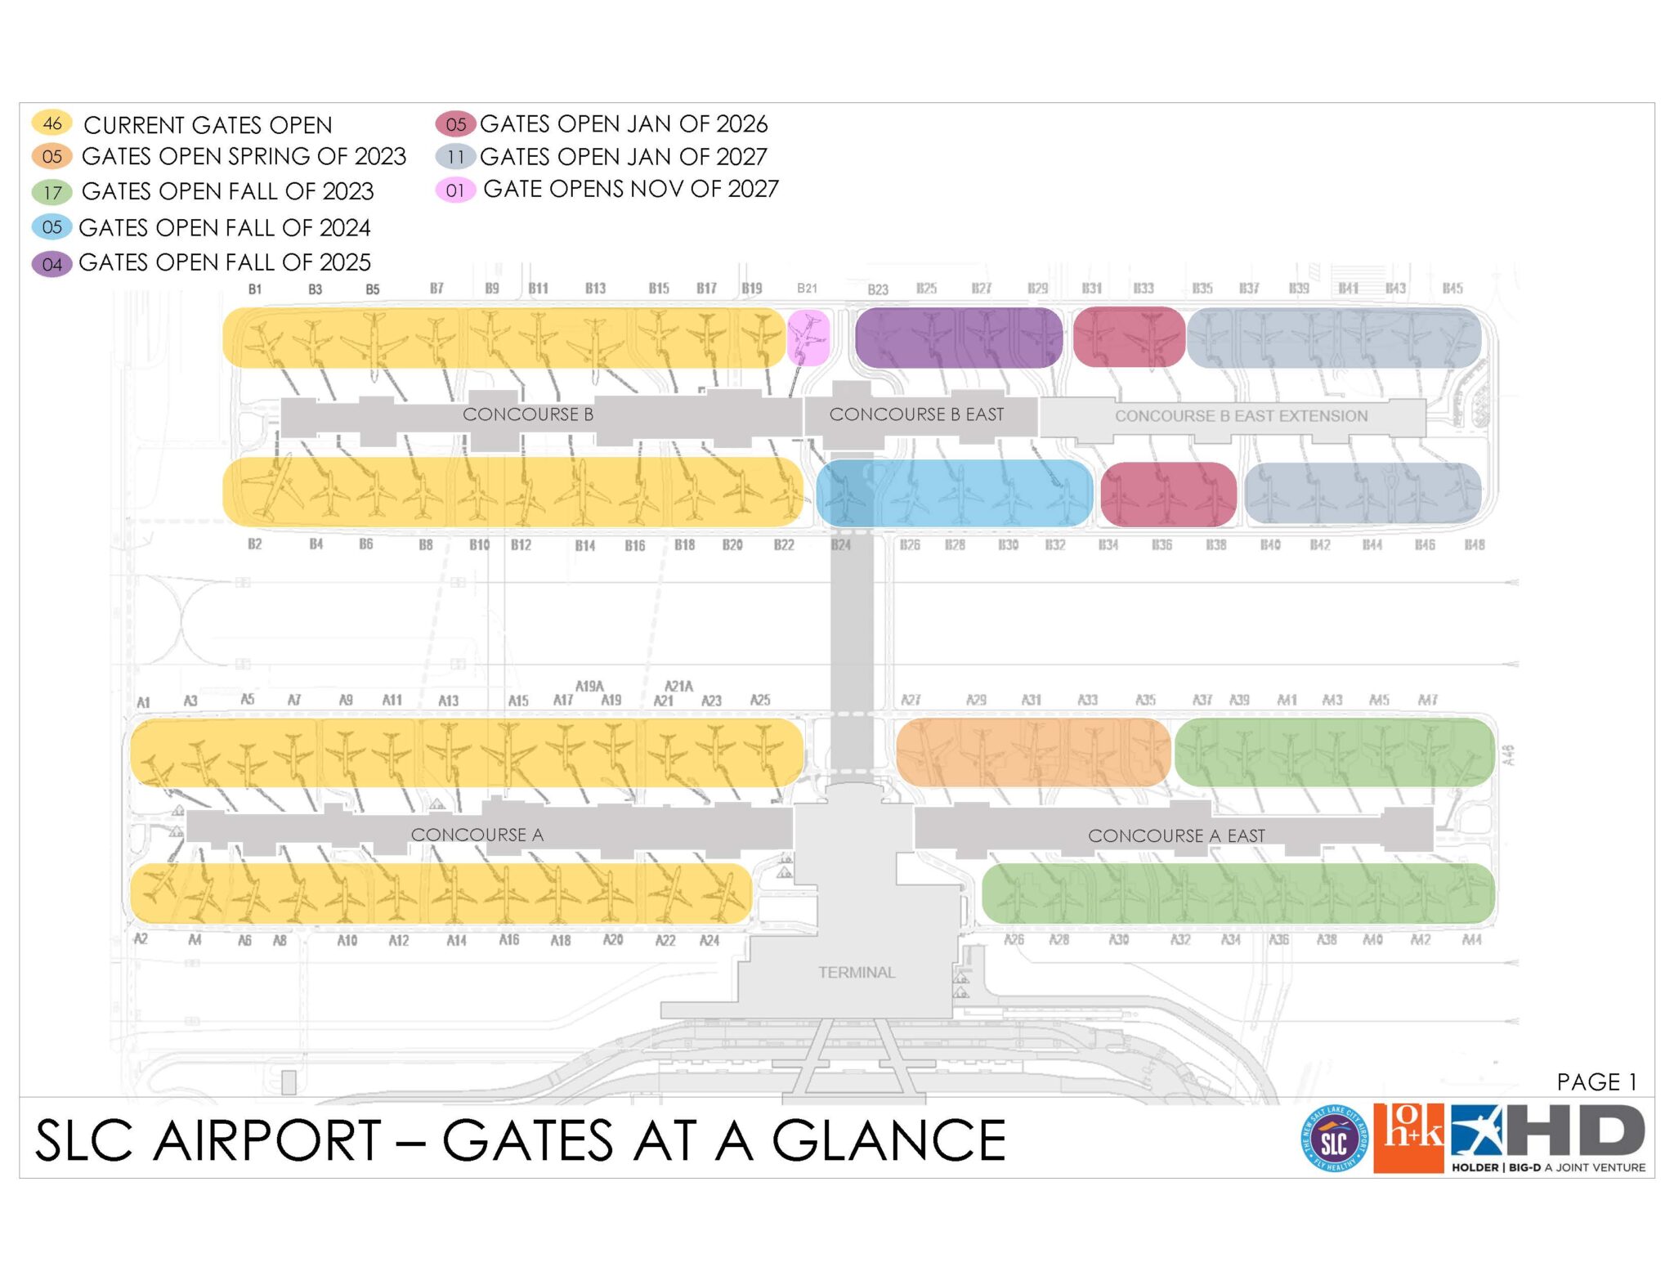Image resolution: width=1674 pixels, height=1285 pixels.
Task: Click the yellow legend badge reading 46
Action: tap(52, 123)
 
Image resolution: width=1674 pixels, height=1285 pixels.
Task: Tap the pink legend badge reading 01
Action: tap(455, 190)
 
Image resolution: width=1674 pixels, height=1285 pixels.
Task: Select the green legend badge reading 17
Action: tap(52, 193)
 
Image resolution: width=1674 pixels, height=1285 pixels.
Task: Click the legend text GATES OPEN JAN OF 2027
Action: tap(623, 156)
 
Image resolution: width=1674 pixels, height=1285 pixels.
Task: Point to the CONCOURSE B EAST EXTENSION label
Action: tap(1241, 416)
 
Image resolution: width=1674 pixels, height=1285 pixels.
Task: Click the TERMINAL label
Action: tap(857, 973)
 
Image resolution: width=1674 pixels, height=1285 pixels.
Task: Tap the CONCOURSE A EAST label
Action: tap(1176, 835)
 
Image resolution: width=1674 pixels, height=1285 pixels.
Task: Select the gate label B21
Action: tap(807, 289)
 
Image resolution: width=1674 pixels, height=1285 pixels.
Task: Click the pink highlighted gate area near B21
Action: tap(808, 338)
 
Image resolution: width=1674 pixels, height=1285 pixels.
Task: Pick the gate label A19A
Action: tap(589, 686)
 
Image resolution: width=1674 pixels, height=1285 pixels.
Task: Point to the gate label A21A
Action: tap(678, 686)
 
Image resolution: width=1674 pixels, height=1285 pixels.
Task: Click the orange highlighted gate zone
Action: tap(1033, 752)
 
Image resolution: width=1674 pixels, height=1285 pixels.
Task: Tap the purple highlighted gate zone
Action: tap(958, 338)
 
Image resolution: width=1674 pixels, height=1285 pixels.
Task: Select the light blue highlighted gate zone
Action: tap(954, 493)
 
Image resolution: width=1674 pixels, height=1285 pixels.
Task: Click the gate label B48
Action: tap(1474, 544)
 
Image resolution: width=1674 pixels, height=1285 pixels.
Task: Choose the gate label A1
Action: tap(143, 702)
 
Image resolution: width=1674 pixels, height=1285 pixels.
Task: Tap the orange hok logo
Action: tap(1408, 1138)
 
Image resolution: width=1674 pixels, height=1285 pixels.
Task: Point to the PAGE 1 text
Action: tap(1596, 1081)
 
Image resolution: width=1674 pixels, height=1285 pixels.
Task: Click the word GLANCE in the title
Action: tap(888, 1141)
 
